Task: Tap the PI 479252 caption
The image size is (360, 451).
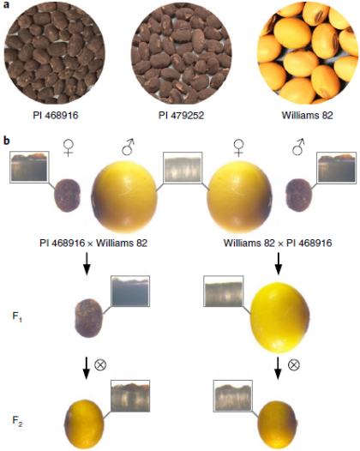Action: [x=181, y=116]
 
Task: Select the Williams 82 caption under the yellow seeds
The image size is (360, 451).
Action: [x=307, y=116]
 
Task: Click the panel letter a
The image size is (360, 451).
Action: [x=6, y=5]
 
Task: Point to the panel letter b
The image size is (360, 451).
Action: [x=6, y=141]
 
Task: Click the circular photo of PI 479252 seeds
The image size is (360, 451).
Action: [x=182, y=54]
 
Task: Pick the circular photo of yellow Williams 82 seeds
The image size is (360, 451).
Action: [x=308, y=54]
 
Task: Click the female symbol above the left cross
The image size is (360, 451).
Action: [x=69, y=148]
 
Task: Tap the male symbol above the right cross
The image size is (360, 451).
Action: [x=299, y=147]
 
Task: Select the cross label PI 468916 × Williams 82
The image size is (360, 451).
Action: [x=93, y=244]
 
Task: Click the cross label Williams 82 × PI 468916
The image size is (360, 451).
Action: [x=278, y=244]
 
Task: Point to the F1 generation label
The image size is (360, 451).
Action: [x=17, y=317]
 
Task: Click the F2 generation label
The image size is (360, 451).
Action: [x=17, y=421]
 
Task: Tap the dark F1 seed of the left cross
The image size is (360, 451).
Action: [x=88, y=318]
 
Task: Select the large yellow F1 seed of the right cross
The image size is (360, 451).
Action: [x=279, y=317]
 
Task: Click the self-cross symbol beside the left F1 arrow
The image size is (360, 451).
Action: [x=100, y=364]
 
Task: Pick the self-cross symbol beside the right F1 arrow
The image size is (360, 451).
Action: [x=294, y=364]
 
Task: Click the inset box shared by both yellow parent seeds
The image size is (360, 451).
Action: [x=183, y=167]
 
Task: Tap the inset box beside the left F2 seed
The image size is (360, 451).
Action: [x=130, y=396]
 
